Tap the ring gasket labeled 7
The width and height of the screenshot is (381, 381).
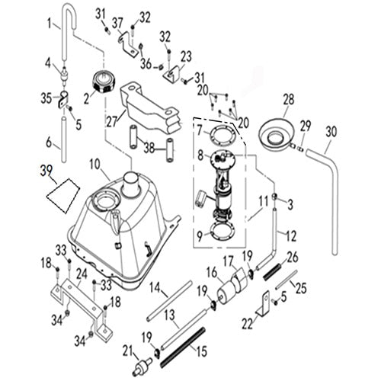click(222, 137)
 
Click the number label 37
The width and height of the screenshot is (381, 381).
click(117, 22)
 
